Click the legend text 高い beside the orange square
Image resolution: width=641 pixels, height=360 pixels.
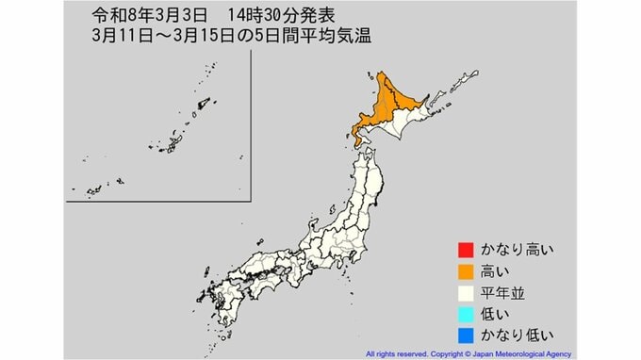[496, 271]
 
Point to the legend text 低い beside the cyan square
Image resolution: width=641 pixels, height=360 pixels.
[496, 313]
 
